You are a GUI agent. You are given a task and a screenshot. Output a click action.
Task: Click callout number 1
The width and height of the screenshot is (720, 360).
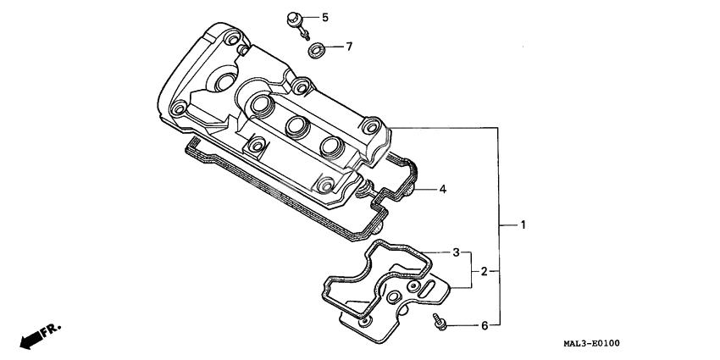523,225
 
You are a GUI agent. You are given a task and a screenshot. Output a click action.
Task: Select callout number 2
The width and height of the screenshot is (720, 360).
485,271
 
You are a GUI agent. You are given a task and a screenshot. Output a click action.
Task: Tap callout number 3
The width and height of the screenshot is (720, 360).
456,252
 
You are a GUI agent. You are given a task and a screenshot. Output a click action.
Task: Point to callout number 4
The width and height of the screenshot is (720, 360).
442,189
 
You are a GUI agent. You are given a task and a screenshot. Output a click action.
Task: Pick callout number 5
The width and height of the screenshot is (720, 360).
324,17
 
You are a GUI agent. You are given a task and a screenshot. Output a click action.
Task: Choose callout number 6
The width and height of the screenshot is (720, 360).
485,325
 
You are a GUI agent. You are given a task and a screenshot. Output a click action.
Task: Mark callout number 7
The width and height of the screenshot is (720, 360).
348,46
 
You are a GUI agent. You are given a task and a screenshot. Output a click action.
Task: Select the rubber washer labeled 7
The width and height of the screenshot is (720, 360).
317,49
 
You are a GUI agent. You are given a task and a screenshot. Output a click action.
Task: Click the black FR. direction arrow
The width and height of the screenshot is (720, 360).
31,339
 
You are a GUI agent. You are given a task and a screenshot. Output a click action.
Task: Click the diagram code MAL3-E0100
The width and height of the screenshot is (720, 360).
591,343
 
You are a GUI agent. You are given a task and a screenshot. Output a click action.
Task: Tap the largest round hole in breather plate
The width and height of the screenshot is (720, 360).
395,296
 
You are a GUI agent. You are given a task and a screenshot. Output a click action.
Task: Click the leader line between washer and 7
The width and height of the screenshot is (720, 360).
335,47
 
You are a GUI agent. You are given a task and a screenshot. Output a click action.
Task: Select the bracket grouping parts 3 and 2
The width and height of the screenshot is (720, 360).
471,271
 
